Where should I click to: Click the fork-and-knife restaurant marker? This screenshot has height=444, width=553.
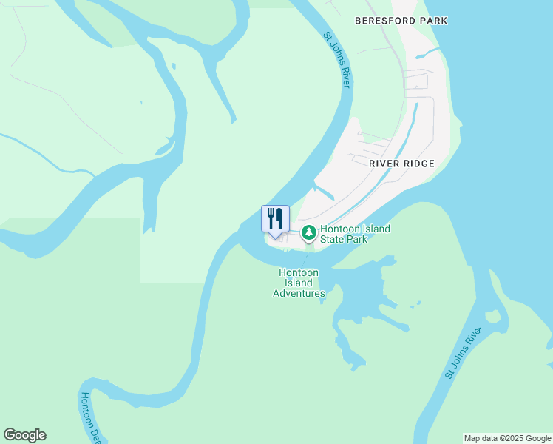point(275,220)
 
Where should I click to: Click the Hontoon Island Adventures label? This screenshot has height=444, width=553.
point(299,283)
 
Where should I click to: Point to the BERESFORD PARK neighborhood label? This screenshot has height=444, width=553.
point(401,21)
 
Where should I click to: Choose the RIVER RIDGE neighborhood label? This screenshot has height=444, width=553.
point(402,163)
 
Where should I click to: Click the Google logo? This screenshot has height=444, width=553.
point(24,435)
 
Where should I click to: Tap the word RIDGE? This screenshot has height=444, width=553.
point(418,163)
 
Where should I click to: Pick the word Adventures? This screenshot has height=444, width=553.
point(299,293)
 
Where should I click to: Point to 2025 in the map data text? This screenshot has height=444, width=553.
point(509,438)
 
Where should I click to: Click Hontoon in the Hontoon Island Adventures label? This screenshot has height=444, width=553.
point(299,272)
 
